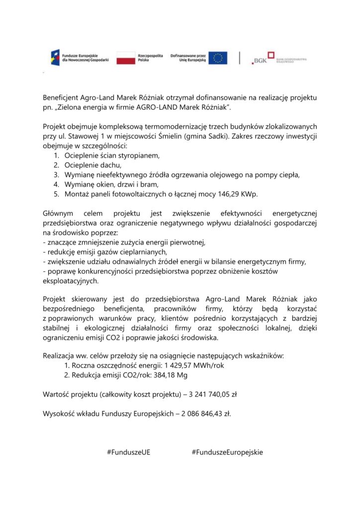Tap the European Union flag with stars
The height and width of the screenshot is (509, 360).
coord(218,58)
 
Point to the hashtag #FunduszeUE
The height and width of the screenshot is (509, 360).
coord(129,452)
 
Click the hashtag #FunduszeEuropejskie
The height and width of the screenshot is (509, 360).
coord(227,452)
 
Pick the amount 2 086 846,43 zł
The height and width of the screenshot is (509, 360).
coord(205,413)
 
